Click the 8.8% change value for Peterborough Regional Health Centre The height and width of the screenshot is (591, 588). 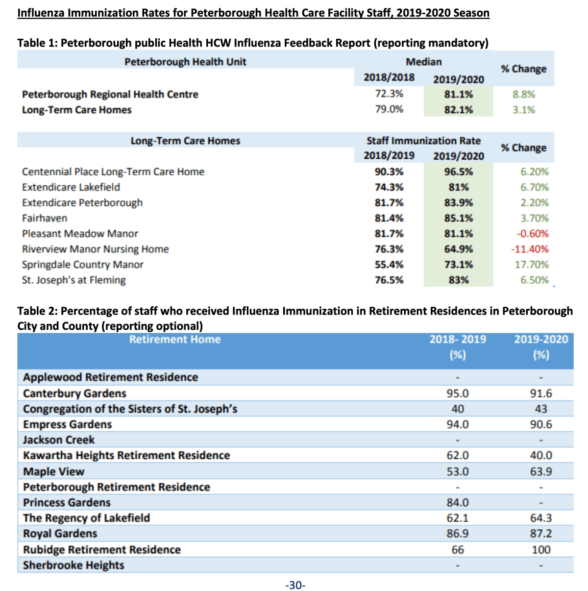point(523,94)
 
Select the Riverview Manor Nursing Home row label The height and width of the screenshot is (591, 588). point(96,249)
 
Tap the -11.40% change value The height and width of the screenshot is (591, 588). point(530,249)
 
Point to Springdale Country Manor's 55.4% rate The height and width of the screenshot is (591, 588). point(389,264)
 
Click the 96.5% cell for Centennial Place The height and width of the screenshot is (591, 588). point(458,172)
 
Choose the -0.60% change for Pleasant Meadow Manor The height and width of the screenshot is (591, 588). point(533,234)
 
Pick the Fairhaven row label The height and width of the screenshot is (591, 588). point(45,218)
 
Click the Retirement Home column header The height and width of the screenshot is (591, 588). point(175,339)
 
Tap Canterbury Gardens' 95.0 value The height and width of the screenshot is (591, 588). point(457,394)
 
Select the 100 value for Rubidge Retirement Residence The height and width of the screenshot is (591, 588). point(541,550)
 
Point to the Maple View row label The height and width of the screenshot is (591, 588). point(54,471)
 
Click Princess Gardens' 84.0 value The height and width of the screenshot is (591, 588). point(457,503)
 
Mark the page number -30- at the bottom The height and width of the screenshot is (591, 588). point(295,585)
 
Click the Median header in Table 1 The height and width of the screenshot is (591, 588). point(423,62)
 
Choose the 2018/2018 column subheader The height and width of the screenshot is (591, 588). point(389,77)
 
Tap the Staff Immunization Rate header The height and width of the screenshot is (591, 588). point(423,141)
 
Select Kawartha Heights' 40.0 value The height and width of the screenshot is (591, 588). point(541,455)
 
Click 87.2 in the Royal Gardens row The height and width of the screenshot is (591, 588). point(541,534)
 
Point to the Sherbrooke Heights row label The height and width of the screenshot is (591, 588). point(73,565)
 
